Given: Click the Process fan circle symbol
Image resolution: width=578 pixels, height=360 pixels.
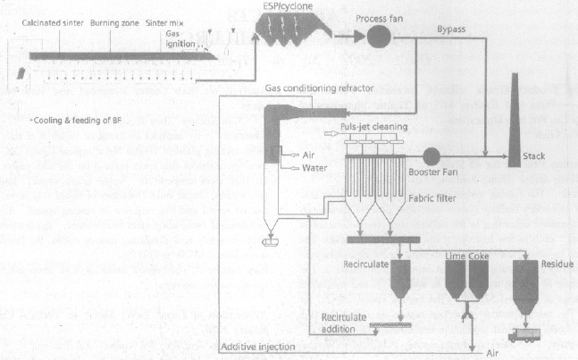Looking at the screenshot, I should [377, 38].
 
